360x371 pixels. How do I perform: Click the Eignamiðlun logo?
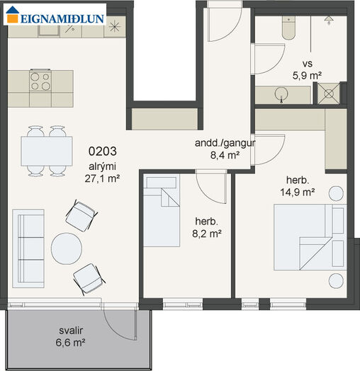[55, 15]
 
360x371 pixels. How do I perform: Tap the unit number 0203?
[103, 152]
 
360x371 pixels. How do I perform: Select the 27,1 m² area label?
[102, 178]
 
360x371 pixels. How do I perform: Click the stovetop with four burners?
[40, 81]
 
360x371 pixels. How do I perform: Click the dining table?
[47, 151]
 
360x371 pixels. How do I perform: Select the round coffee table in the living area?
[67, 249]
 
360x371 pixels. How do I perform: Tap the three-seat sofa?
[28, 249]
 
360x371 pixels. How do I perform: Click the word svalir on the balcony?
[71, 331]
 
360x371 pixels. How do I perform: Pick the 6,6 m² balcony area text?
[71, 343]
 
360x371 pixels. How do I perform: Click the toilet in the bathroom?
[288, 28]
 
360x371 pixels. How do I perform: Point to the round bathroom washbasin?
[281, 93]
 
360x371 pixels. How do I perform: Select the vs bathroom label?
[308, 64]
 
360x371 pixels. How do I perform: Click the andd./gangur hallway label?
[225, 143]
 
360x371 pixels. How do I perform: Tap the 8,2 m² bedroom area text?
[207, 234]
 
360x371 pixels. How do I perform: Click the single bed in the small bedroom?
[162, 210]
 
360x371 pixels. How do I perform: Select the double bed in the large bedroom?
[310, 237]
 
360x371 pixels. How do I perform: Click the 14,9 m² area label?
[298, 192]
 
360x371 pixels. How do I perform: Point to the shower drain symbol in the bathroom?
[329, 21]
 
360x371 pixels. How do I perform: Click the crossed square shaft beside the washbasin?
[329, 93]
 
